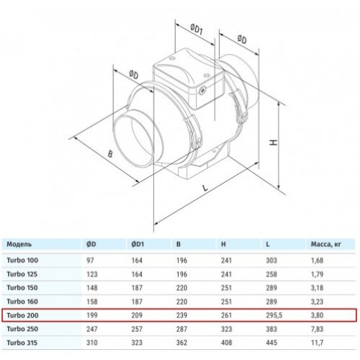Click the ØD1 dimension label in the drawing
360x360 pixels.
point(197,30)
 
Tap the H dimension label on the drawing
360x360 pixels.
point(273,142)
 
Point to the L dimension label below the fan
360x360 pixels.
point(204,188)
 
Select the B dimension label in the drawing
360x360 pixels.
point(110,154)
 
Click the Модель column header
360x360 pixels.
point(19,244)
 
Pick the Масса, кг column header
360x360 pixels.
point(325,244)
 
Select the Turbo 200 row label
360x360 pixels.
point(22,315)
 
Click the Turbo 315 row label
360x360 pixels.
point(22,343)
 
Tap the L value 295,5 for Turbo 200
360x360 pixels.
point(274,315)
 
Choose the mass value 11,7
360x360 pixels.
point(317,343)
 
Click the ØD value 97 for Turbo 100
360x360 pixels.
point(90,261)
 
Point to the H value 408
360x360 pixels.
point(227,343)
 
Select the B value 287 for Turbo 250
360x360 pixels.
point(181,329)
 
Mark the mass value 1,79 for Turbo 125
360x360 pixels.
point(317,274)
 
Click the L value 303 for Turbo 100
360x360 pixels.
point(271,261)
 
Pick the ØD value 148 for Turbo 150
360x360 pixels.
point(92,288)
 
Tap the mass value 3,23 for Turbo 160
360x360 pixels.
point(317,302)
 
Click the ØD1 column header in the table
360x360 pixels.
point(138,244)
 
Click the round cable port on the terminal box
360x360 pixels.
point(203,91)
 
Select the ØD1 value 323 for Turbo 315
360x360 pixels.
point(137,343)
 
